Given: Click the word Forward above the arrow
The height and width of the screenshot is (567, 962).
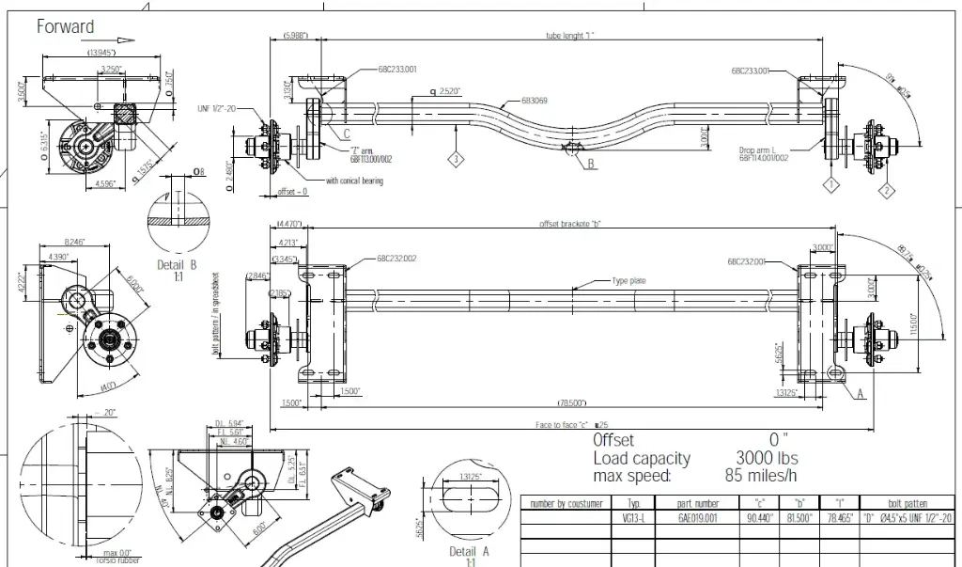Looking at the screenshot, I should [x=66, y=26].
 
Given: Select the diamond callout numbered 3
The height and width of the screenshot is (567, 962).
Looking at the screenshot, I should [x=455, y=160].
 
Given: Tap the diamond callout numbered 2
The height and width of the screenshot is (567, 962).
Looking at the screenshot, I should [x=885, y=191].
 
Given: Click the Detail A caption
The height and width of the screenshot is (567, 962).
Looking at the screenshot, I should [x=470, y=550].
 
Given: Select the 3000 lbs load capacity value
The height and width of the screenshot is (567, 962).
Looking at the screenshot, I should [x=766, y=458].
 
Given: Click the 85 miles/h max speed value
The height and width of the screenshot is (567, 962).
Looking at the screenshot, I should [x=767, y=476].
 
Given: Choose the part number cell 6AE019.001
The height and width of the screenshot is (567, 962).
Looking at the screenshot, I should [x=698, y=517].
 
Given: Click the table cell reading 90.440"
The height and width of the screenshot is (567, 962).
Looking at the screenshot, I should [x=760, y=517].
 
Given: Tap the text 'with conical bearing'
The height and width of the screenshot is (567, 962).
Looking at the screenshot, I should [x=354, y=181].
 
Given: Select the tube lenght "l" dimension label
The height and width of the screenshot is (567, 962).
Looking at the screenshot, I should [x=570, y=35].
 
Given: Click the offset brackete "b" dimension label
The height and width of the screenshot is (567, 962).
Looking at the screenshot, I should [x=569, y=224].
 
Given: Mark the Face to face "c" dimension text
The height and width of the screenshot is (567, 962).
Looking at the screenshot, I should [x=567, y=425].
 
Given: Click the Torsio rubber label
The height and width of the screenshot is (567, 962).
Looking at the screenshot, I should [x=114, y=560].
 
